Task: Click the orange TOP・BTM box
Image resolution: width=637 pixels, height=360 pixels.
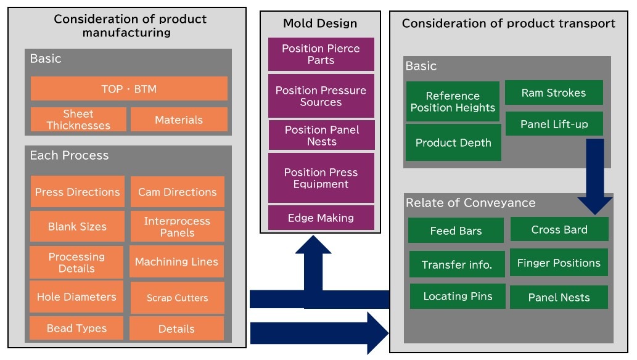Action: click(129, 89)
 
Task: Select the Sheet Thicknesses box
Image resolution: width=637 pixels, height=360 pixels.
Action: click(78, 120)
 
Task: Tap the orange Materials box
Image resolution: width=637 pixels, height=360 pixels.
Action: click(179, 120)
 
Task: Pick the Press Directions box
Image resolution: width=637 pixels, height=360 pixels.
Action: click(77, 192)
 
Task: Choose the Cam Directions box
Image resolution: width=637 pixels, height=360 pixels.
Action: click(178, 192)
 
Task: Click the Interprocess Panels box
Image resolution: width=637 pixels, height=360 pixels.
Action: click(178, 226)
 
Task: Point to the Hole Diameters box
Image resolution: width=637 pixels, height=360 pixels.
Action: click(76, 297)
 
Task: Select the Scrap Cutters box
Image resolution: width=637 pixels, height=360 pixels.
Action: click(178, 298)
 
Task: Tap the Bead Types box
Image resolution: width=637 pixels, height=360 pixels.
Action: click(76, 329)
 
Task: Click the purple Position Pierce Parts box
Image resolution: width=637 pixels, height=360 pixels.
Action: click(321, 54)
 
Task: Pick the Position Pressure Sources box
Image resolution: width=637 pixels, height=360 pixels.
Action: click(321, 96)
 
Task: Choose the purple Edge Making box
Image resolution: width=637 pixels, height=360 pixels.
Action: click(321, 218)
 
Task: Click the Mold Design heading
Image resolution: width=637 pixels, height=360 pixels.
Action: click(320, 23)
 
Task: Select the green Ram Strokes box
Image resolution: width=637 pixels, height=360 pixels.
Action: click(554, 92)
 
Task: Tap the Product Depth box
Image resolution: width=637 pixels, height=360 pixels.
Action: click(453, 142)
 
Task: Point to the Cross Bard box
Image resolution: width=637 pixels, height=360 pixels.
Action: click(559, 229)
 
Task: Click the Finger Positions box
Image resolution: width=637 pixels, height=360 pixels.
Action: click(559, 263)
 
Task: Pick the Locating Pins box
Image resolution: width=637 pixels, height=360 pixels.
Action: click(458, 297)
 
